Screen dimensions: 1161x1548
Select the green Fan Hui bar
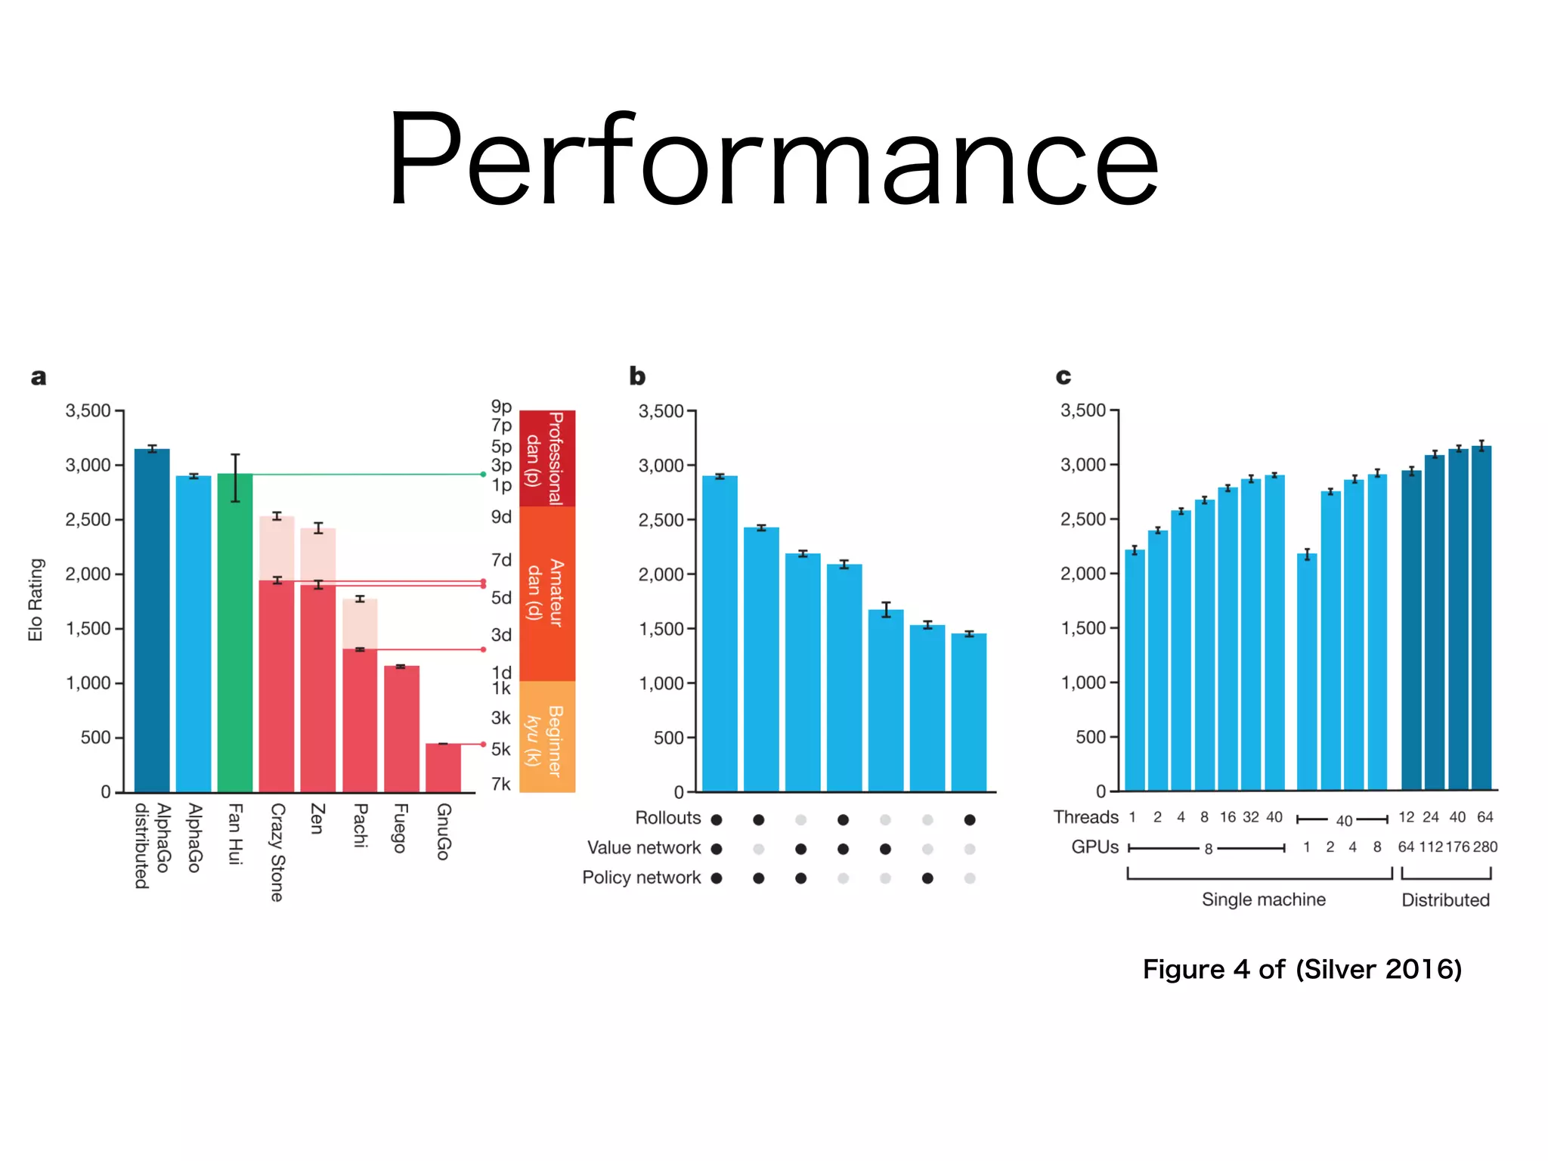click(235, 635)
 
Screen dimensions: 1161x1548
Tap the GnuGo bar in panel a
click(443, 767)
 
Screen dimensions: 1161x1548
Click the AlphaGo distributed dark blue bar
click(152, 620)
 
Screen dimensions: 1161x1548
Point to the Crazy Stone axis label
click(277, 852)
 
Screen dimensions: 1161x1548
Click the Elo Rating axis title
click(36, 599)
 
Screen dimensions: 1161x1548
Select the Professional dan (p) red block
click(547, 458)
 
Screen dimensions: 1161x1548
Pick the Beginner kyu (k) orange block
click(547, 737)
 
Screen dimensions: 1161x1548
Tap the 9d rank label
click(501, 517)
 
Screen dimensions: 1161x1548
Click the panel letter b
click(637, 376)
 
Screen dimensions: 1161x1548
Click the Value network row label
click(643, 848)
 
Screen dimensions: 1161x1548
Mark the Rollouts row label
click(667, 818)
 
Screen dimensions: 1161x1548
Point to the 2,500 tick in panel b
click(661, 520)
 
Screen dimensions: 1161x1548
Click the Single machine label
click(1263, 899)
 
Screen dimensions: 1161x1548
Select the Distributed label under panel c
click(1445, 900)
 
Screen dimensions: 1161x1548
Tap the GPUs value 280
click(1485, 847)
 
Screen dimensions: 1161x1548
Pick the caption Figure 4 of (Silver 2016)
click(1302, 969)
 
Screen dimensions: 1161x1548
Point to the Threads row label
click(1085, 817)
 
